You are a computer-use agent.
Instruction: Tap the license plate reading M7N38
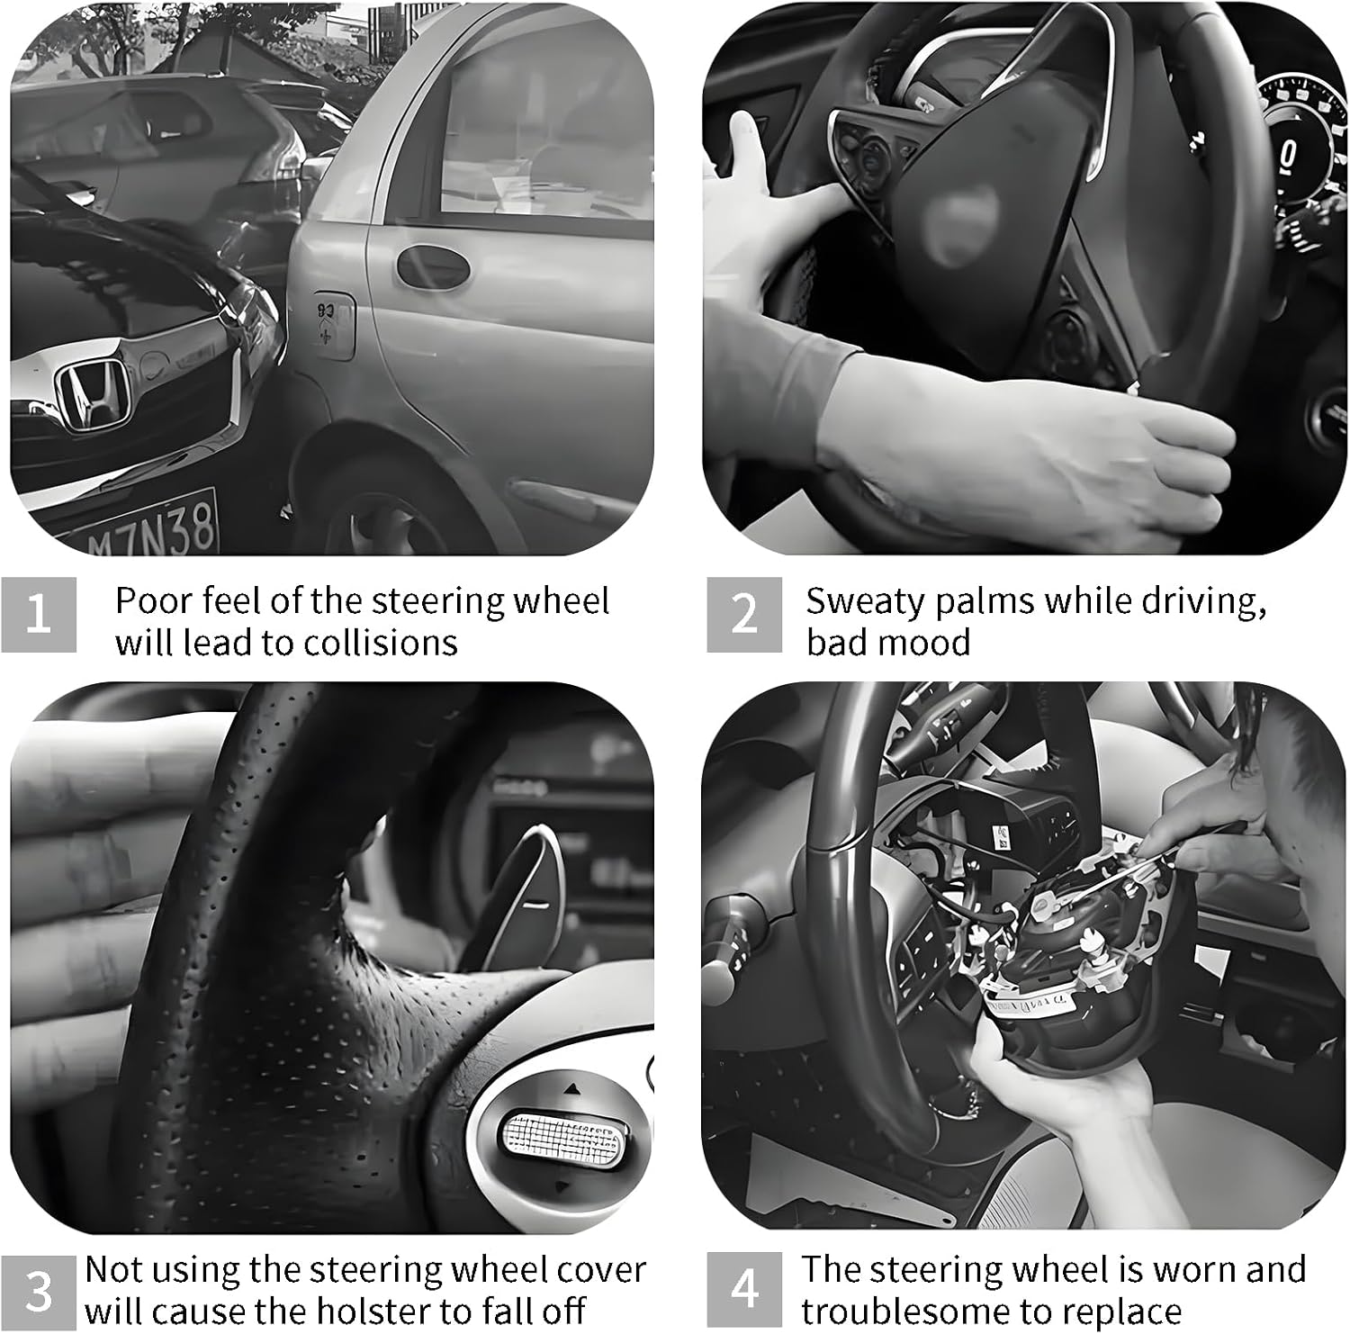153,527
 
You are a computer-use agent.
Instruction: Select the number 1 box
39,615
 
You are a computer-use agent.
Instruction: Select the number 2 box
743,615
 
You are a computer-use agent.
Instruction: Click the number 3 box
39,1290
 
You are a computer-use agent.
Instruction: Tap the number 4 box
743,1290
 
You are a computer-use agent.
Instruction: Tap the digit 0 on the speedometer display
1288,155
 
